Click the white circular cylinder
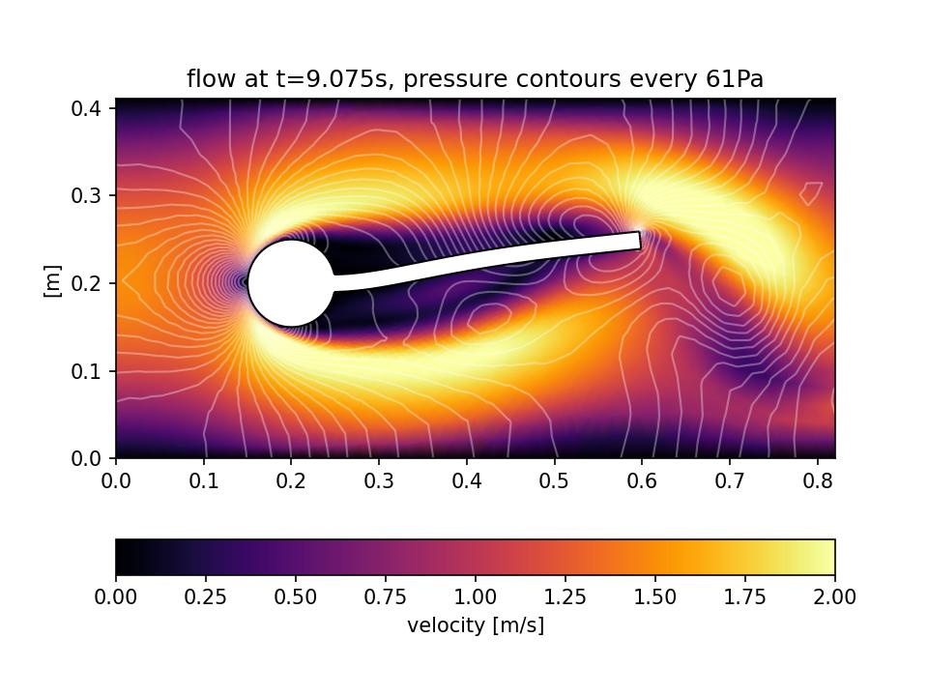pyautogui.click(x=291, y=283)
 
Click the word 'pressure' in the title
pyautogui.click(x=445, y=79)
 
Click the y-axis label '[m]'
pyautogui.click(x=53, y=280)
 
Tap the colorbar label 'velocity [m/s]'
pyautogui.click(x=476, y=625)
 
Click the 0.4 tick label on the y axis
pyautogui.click(x=92, y=107)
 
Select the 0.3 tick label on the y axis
pyautogui.click(x=92, y=195)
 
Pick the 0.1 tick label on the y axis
pyautogui.click(x=92, y=371)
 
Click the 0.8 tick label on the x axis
pyautogui.click(x=817, y=478)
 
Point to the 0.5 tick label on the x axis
pyautogui.click(x=554, y=478)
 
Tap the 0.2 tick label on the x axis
pyautogui.click(x=291, y=478)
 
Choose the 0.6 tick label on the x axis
pyautogui.click(x=642, y=478)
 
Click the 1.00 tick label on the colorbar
pyautogui.click(x=476, y=596)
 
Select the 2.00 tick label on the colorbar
pyautogui.click(x=833, y=596)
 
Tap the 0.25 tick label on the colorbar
pyautogui.click(x=206, y=596)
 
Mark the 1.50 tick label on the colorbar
pyautogui.click(x=655, y=596)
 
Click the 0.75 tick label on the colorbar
pyautogui.click(x=386, y=596)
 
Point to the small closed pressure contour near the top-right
pyautogui.click(x=811, y=192)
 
